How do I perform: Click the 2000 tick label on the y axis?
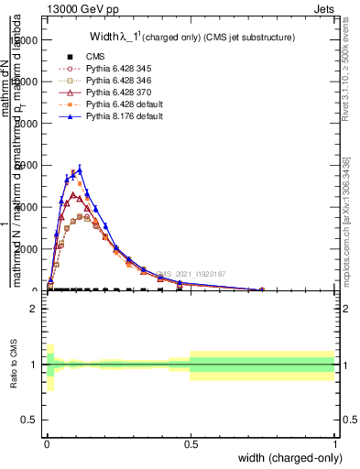30,249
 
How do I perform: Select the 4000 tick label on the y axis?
30,207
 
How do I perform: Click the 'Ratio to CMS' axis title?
12,365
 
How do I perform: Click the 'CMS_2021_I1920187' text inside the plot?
191,274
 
